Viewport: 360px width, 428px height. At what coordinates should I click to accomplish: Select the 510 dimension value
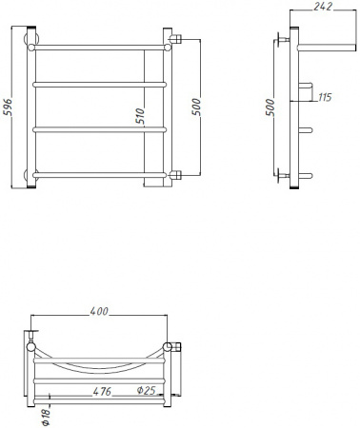[140, 117]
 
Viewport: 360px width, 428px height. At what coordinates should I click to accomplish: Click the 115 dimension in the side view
[325, 97]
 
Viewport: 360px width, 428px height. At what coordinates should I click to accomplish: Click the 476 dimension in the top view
[104, 390]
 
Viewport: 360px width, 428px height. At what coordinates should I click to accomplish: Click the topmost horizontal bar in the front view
[100, 44]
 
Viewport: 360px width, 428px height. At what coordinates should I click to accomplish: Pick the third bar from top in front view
[100, 128]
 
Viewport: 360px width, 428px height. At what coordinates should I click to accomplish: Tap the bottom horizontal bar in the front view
[100, 174]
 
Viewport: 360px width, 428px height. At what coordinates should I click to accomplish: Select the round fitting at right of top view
[170, 347]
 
